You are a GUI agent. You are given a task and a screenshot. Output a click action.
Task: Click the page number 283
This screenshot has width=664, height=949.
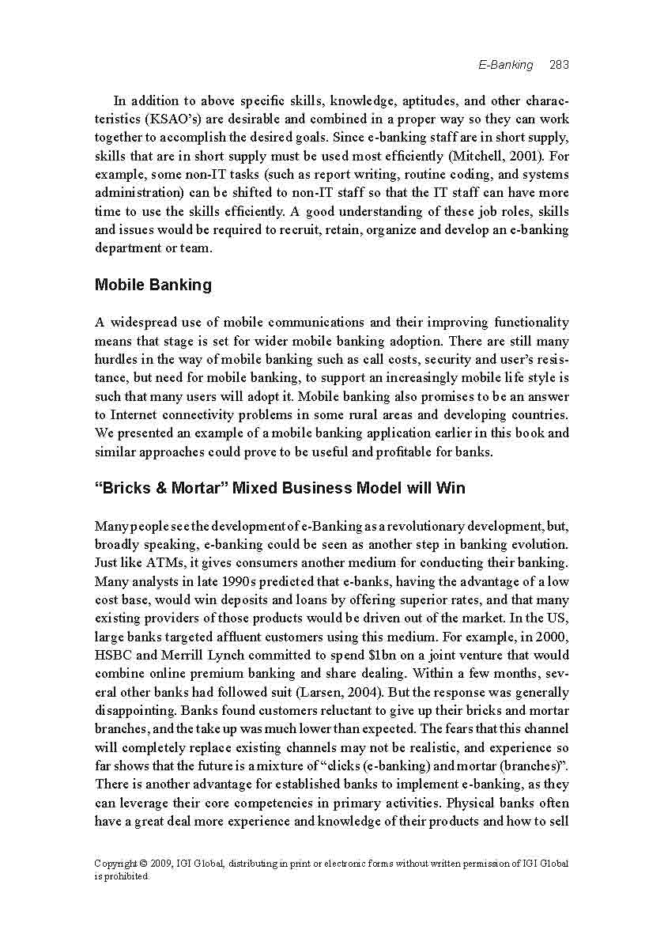pyautogui.click(x=559, y=65)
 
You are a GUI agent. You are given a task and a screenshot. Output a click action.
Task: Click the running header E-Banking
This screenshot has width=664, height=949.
pyautogui.click(x=506, y=65)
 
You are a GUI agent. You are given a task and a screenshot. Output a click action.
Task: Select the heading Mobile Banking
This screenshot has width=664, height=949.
pyautogui.click(x=153, y=285)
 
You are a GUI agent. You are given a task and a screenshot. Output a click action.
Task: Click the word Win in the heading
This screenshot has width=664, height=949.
pyautogui.click(x=449, y=488)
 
